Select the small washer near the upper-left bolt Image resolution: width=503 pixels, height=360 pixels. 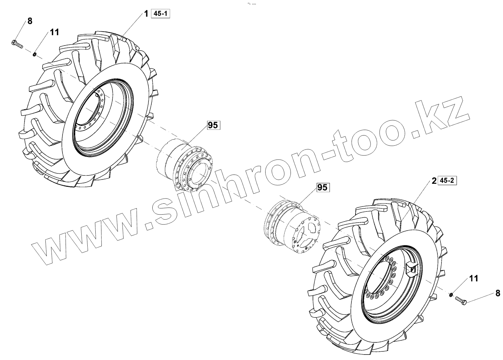(x=34, y=54)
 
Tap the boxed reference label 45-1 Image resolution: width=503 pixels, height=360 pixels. (x=160, y=14)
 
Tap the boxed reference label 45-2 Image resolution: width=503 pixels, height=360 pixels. (x=447, y=180)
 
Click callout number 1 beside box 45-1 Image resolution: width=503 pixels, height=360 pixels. (x=146, y=14)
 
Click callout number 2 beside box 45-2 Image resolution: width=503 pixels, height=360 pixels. (x=434, y=181)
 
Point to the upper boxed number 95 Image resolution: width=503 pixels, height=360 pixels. (x=213, y=125)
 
